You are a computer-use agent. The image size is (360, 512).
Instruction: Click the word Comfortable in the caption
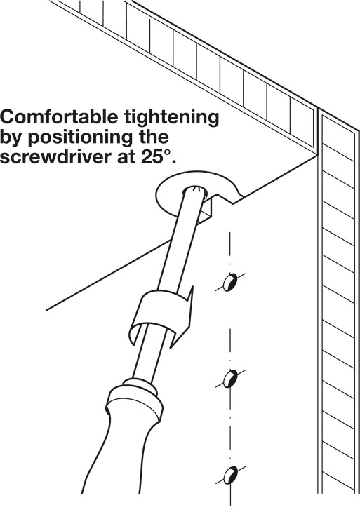tap(59, 117)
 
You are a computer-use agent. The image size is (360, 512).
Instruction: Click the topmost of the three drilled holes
tap(230, 282)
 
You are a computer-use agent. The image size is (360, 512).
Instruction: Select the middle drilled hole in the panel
tap(230, 379)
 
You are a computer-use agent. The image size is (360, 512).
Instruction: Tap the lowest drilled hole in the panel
tap(231, 475)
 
